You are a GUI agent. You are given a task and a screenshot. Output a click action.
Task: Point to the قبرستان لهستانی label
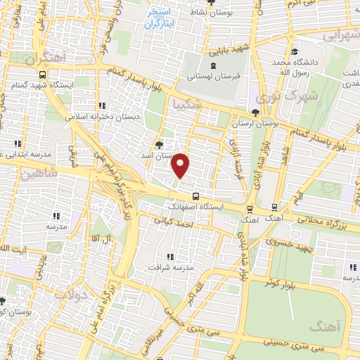217,75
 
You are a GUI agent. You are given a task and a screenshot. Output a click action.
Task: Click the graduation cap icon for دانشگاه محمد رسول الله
295,51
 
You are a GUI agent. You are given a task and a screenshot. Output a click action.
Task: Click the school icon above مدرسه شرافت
169,257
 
